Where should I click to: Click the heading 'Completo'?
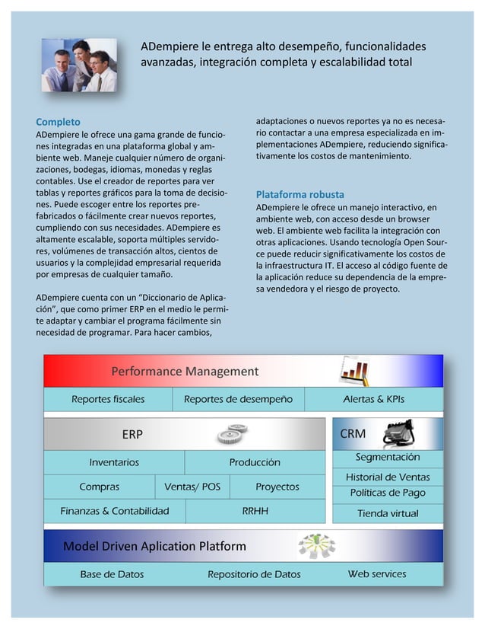click(x=59, y=122)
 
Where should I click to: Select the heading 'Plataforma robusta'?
click(x=300, y=194)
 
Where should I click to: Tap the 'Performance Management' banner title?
click(x=185, y=372)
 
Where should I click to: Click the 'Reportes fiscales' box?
click(x=108, y=399)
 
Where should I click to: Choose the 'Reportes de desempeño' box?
click(x=238, y=399)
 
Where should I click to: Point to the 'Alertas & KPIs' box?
click(x=373, y=399)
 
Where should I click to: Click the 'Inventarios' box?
click(x=114, y=462)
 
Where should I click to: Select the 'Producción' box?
click(x=255, y=462)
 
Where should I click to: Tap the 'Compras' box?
click(x=99, y=487)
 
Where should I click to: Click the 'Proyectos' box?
click(x=277, y=487)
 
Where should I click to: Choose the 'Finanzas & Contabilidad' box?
click(x=115, y=511)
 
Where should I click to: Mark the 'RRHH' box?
click(x=255, y=511)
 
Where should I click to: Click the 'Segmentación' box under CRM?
click(x=388, y=458)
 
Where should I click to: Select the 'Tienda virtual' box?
click(x=388, y=513)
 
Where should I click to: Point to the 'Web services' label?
click(x=377, y=574)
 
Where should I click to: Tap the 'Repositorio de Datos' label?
click(x=254, y=575)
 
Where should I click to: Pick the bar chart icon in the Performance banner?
click(x=354, y=371)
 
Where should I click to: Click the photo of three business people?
click(x=79, y=64)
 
